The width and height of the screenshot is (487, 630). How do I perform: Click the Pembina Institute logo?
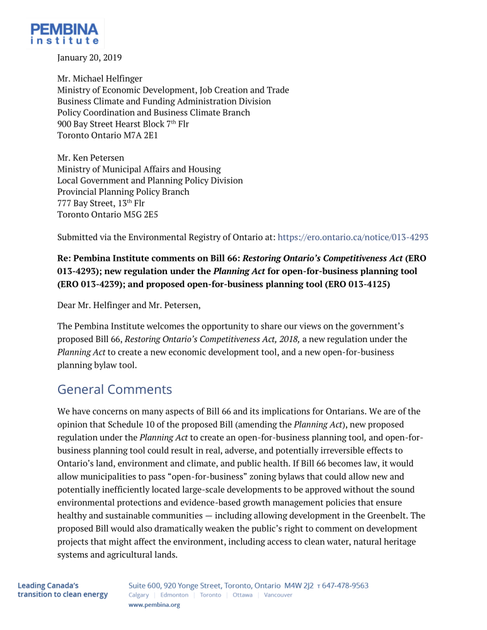64,33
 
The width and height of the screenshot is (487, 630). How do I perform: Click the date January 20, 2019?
89,57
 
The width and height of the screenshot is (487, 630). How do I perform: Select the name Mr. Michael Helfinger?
100,79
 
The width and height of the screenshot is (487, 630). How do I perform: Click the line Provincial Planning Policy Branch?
123,192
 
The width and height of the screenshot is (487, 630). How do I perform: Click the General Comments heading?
114,389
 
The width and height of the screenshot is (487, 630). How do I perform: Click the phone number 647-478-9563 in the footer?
345,585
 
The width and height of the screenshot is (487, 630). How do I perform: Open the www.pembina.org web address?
154,605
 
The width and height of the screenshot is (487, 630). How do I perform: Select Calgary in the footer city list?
139,595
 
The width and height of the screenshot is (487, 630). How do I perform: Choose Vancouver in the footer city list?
278,595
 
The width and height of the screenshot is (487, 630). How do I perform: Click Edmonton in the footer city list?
174,595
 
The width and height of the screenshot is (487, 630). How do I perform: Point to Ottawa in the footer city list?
243,595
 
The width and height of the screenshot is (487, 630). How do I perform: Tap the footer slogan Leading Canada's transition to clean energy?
62,590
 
